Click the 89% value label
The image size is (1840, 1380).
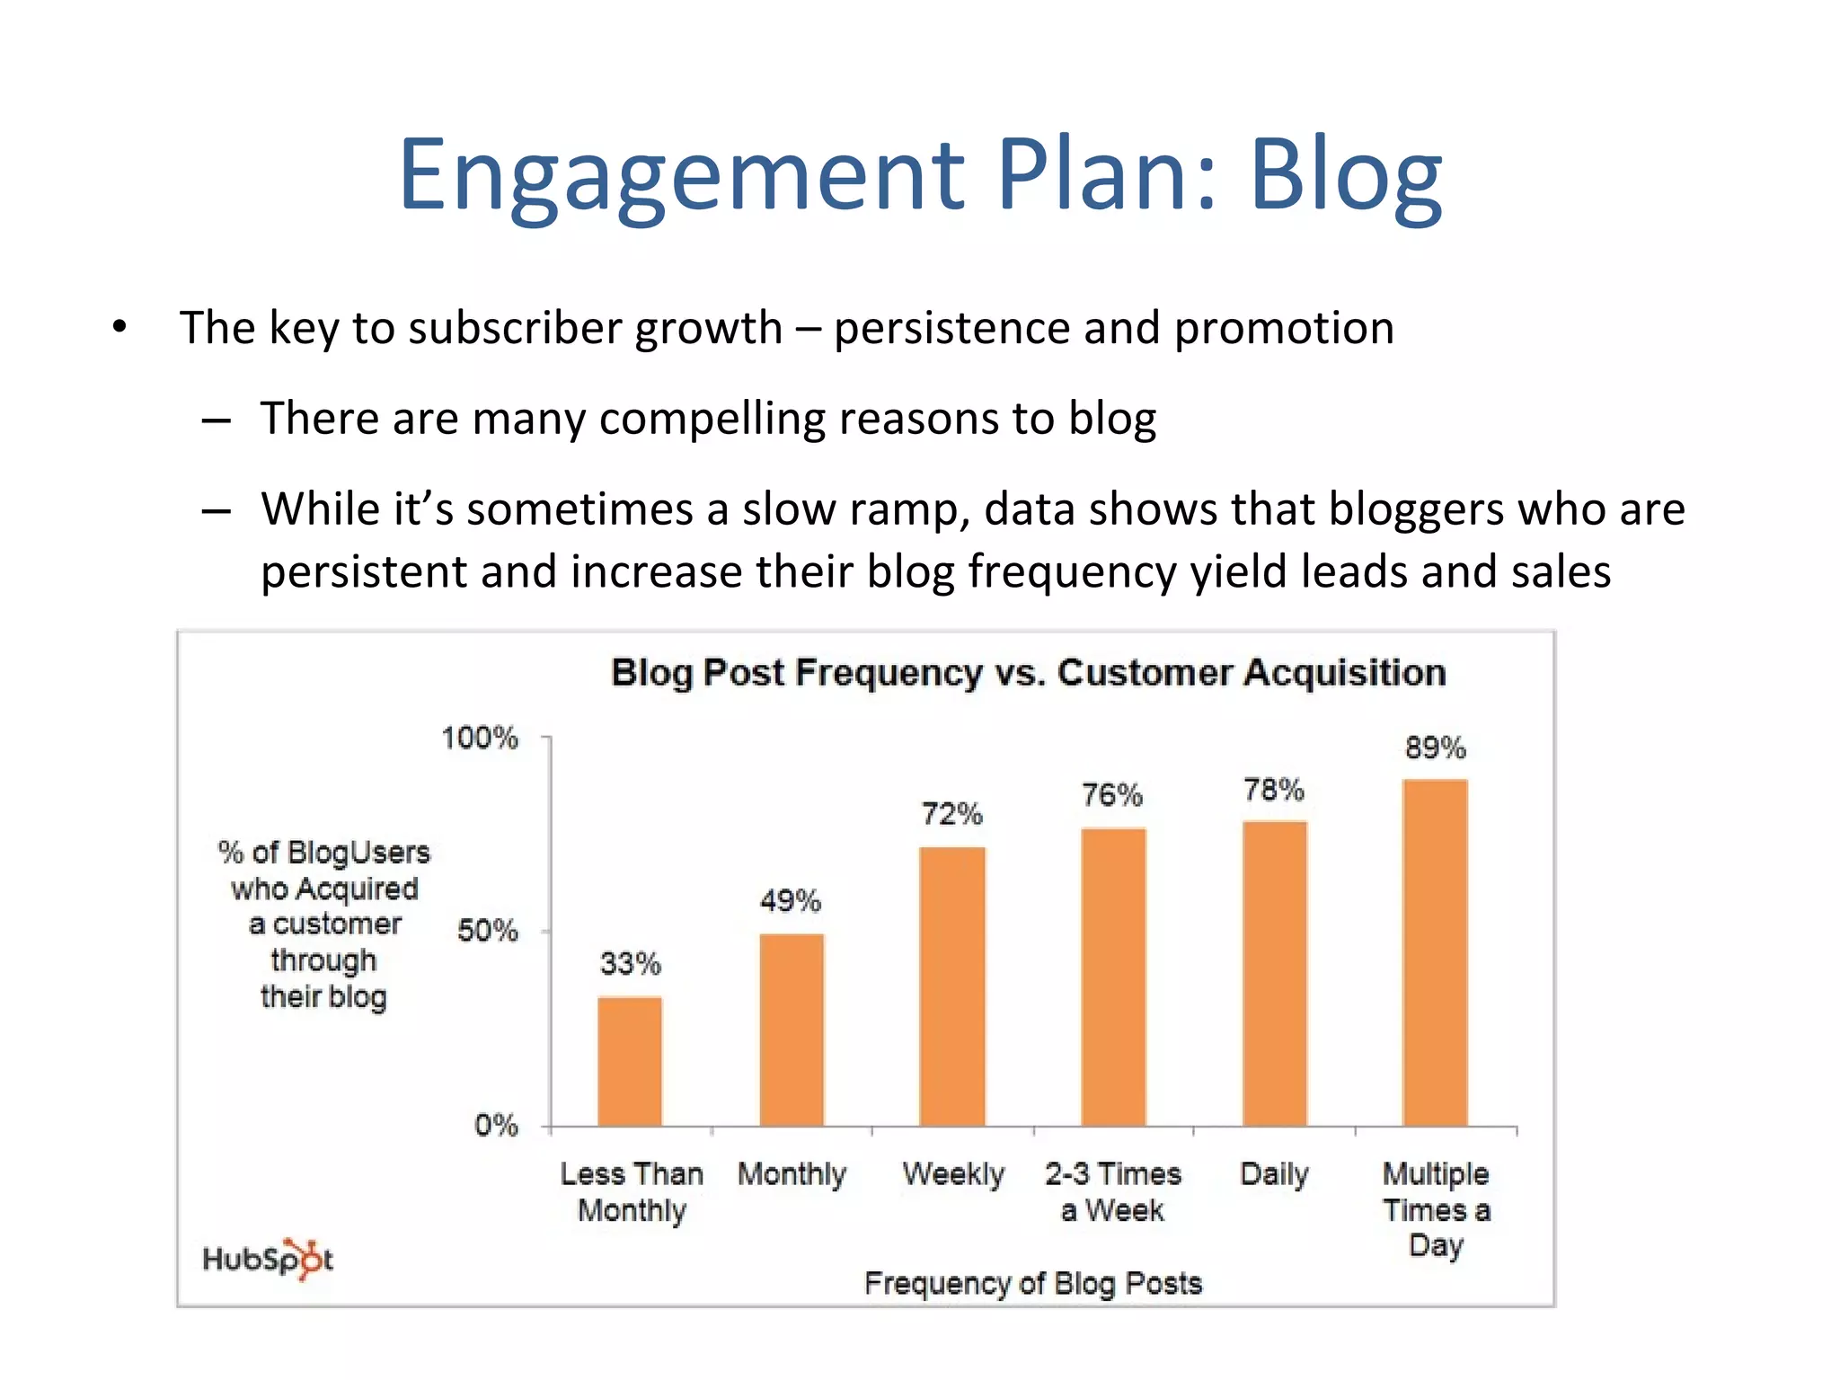[x=1435, y=747]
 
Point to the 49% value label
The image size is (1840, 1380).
[x=790, y=900]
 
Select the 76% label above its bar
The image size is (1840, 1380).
[x=1111, y=794]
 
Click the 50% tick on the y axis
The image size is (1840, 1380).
[x=487, y=930]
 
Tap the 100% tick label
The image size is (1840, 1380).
[x=480, y=738]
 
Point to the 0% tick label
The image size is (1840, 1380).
[x=496, y=1125]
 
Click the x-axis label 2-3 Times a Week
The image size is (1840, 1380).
[x=1112, y=1191]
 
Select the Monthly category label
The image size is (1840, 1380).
[x=792, y=1174]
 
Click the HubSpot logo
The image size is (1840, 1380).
[x=268, y=1258]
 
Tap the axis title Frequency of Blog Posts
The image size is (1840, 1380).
[x=1033, y=1283]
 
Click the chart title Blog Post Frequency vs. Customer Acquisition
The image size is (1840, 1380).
[x=1029, y=673]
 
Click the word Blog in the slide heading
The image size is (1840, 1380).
[x=1345, y=176]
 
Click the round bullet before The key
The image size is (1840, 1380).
[x=119, y=327]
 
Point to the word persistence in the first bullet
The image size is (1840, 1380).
[x=951, y=328]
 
